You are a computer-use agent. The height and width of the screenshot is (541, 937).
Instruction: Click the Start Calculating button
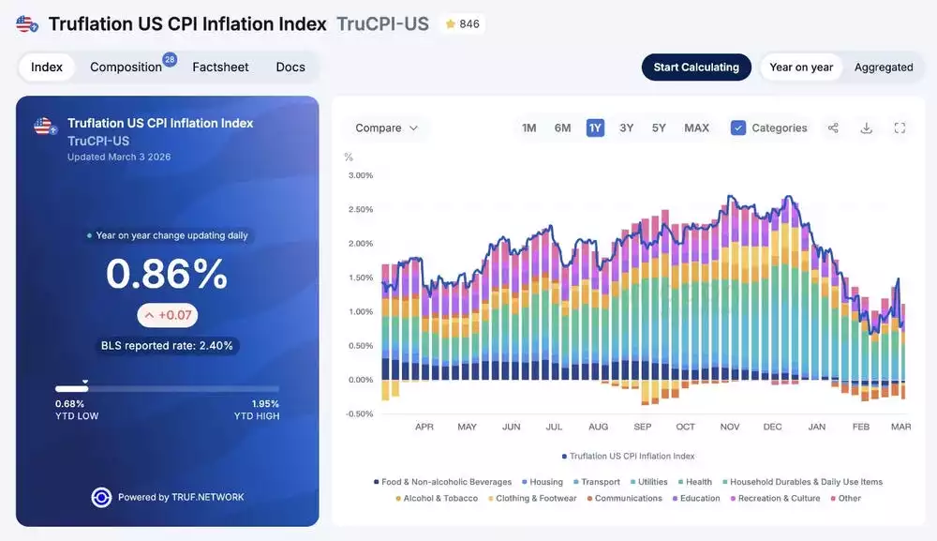tap(696, 68)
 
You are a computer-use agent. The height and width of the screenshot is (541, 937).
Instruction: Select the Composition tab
tap(126, 68)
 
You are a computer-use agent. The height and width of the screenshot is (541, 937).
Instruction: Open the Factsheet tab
tap(220, 68)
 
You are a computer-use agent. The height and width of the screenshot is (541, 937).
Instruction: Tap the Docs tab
tap(290, 68)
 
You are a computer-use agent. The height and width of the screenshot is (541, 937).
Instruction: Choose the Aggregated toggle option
tap(884, 68)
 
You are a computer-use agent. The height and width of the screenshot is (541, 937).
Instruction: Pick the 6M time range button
tap(562, 128)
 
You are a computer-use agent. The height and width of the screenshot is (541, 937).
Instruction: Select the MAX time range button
tap(696, 128)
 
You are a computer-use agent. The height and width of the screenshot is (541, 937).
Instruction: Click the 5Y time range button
tap(659, 128)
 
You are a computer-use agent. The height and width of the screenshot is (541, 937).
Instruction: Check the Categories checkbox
tap(738, 128)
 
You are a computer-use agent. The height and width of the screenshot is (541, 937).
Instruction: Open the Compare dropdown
tap(387, 128)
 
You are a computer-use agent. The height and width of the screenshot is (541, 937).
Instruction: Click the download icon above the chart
tap(867, 128)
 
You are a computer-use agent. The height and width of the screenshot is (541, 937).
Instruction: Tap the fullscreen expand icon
tap(900, 128)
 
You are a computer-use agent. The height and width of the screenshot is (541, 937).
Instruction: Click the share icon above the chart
tap(833, 128)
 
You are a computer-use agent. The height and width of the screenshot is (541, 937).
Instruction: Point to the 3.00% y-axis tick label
tap(361, 175)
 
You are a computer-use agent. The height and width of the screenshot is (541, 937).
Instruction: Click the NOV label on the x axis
tap(730, 428)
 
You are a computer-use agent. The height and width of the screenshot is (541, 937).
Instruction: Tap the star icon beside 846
tap(451, 24)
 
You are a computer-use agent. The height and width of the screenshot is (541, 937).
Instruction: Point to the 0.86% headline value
tap(167, 274)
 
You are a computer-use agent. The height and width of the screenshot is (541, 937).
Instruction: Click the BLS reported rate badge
tap(167, 346)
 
